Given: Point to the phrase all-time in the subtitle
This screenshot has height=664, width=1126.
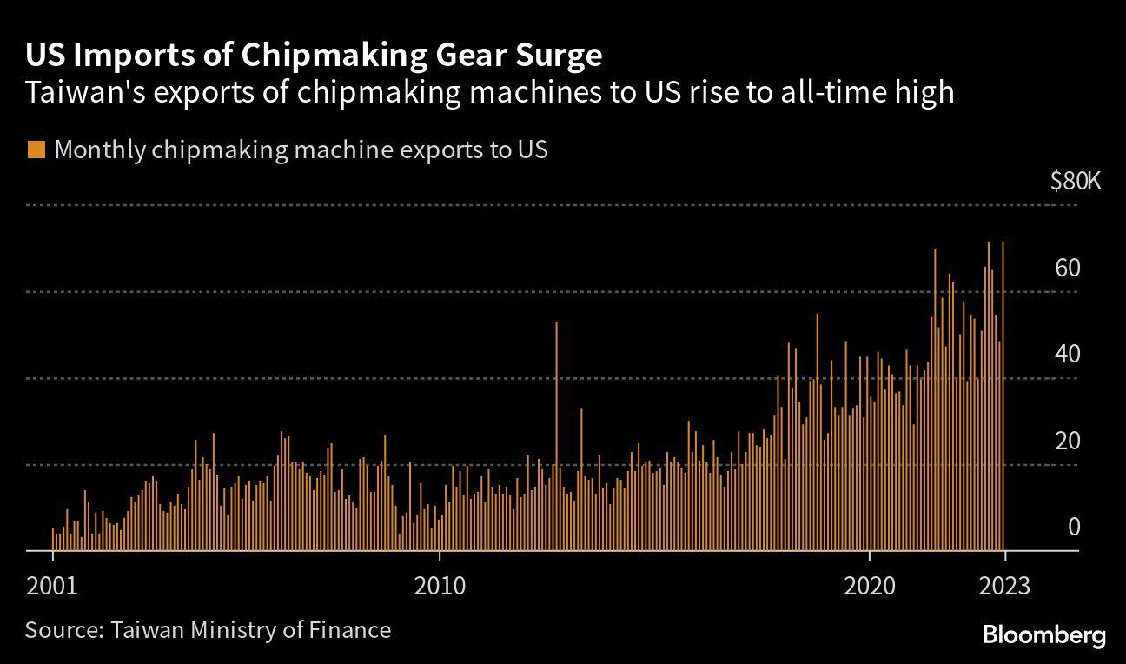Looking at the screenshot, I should (843, 92).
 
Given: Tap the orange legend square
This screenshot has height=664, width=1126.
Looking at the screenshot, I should (36, 149).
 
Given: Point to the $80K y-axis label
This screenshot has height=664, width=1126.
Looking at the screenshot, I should (1076, 181).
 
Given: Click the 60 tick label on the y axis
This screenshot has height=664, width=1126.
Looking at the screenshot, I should (1068, 268).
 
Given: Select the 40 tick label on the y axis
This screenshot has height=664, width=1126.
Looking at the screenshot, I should (1068, 355).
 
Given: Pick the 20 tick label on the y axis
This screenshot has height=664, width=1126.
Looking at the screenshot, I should (1068, 442).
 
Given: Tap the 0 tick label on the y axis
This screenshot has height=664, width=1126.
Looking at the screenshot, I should (1074, 528).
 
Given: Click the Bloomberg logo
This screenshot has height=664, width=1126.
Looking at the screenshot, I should (1043, 635).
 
